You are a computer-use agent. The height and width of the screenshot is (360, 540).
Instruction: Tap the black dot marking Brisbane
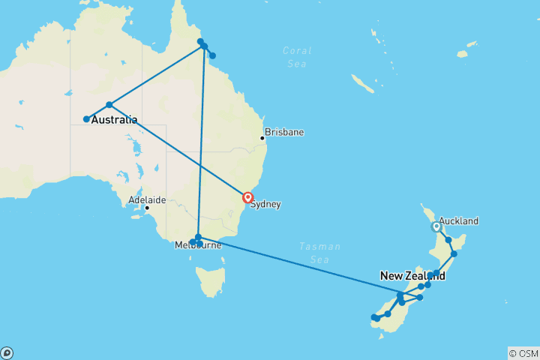pos(262,138)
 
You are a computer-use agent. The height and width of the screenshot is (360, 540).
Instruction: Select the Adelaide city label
pos(147,200)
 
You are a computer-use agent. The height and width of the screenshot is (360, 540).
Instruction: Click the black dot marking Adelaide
pos(146,208)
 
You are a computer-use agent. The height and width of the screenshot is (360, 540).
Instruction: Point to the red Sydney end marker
pos(248,198)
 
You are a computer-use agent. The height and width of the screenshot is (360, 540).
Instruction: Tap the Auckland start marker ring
pos(436,226)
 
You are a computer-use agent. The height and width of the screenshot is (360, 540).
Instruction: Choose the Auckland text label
pos(458,221)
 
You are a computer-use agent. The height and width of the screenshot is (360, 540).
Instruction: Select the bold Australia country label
pos(114,119)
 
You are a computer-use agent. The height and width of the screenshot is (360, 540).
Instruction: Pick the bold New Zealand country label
pos(412,276)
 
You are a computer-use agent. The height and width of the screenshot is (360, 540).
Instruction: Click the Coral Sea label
pos(296,57)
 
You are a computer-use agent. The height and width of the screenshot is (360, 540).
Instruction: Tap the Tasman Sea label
pos(319,252)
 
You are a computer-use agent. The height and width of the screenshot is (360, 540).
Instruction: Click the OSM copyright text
pos(523,353)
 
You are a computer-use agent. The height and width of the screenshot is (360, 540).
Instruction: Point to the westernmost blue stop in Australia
pos(86,119)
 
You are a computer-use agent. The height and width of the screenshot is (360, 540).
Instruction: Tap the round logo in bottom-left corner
pos(7,352)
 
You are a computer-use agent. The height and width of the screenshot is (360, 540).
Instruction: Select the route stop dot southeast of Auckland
pos(448,240)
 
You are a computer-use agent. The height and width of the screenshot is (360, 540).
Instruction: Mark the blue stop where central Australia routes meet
pos(109,104)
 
